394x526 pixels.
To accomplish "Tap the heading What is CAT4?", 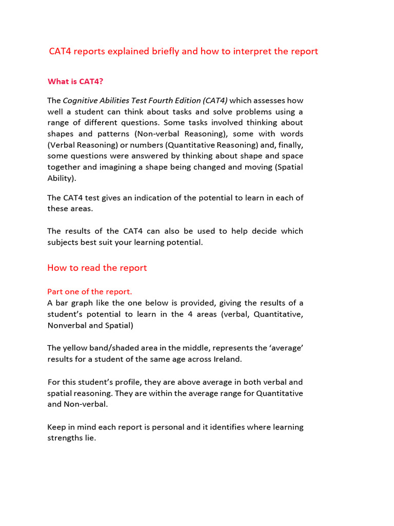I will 78,81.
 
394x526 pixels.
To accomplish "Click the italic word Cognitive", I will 82,100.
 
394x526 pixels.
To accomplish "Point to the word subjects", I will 64,242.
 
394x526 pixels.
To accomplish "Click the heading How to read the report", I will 97,268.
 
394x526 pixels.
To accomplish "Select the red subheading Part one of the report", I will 89,292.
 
